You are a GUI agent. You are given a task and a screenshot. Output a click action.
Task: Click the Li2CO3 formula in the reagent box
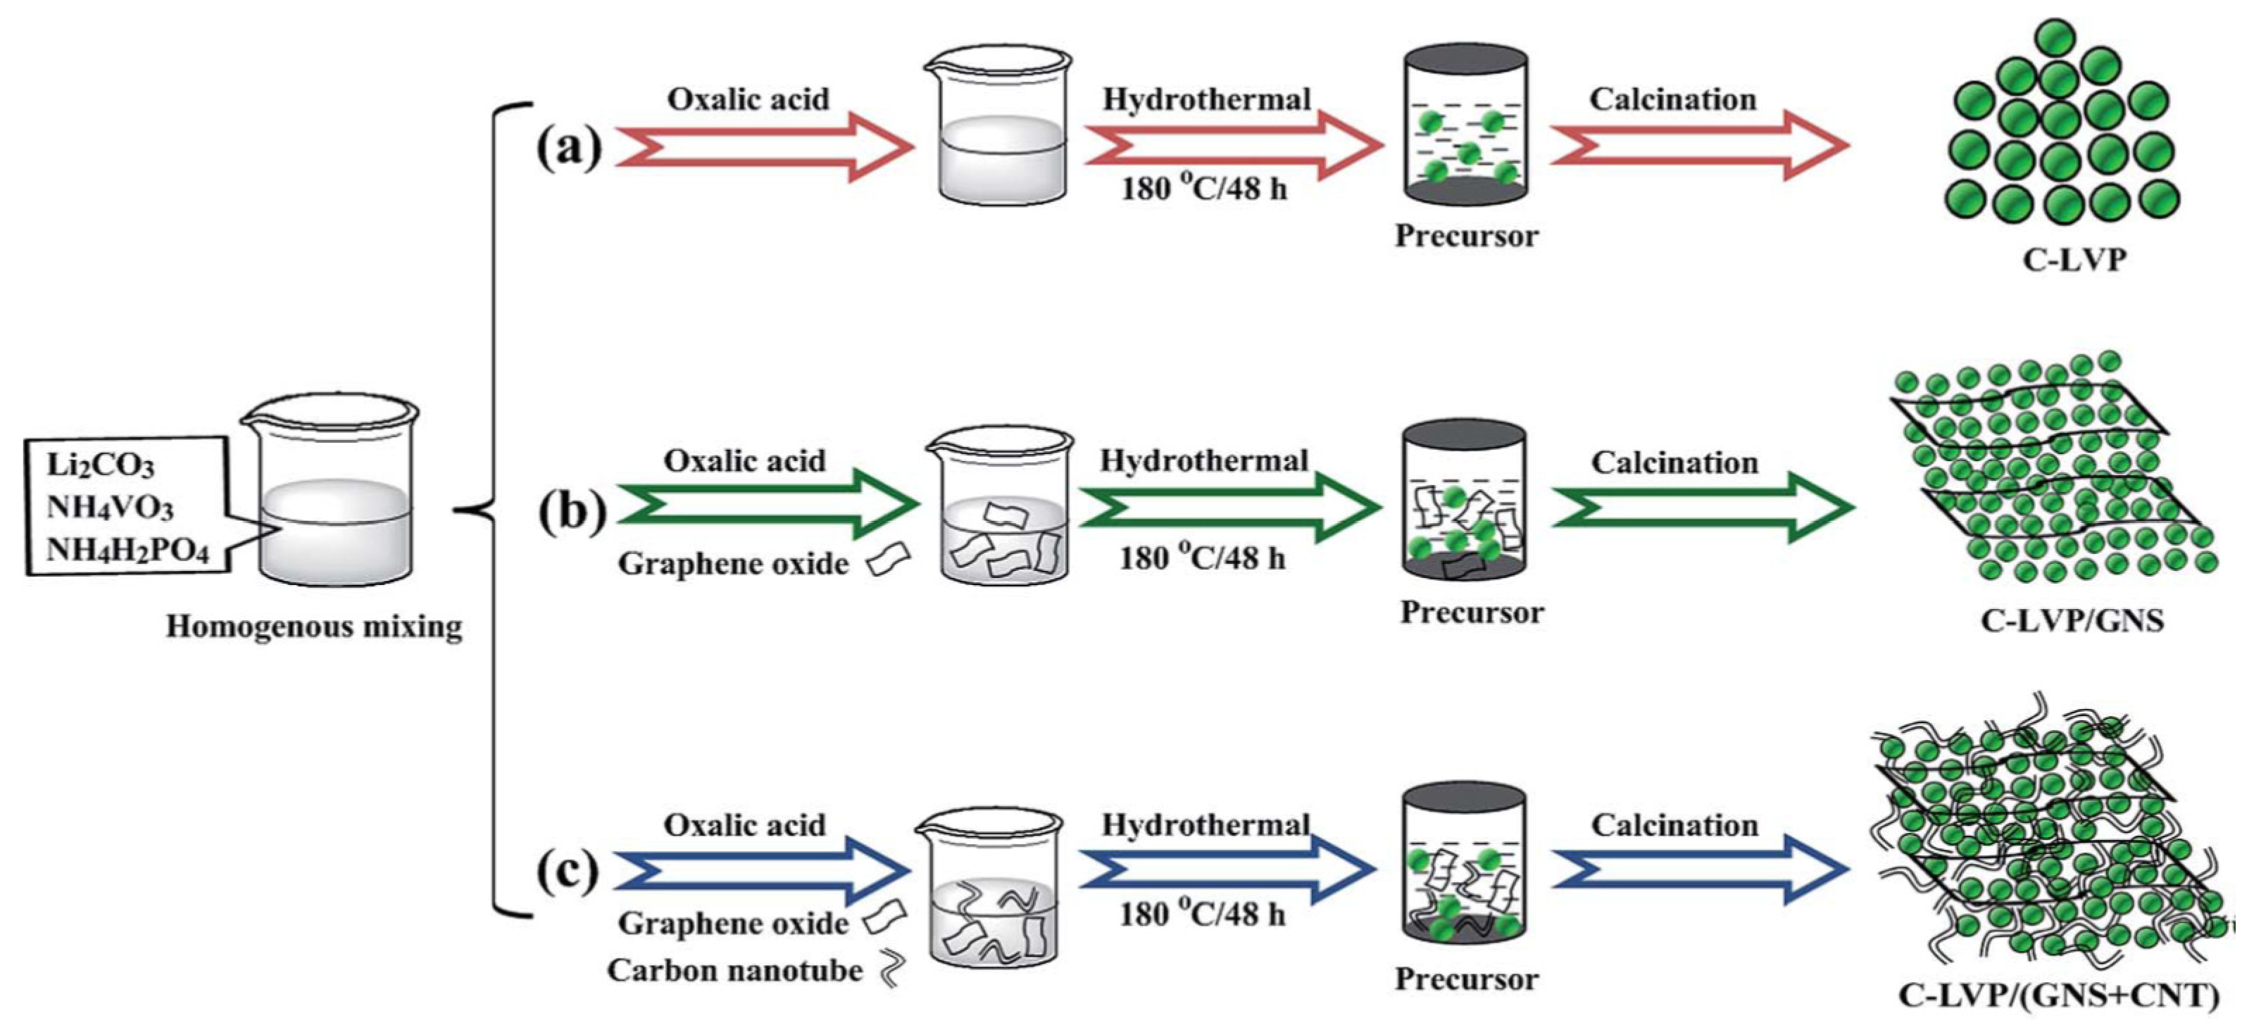(x=100, y=465)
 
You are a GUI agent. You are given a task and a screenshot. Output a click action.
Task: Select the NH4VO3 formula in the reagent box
(x=109, y=508)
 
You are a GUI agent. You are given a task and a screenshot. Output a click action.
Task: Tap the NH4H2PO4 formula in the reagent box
(x=127, y=551)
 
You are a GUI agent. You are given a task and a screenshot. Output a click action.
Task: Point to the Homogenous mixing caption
(x=314, y=627)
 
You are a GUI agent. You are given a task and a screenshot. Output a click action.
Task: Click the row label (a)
(x=569, y=147)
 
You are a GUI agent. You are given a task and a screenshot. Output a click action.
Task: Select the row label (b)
(x=571, y=510)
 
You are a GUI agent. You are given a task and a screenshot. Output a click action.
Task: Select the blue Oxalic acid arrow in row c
(x=761, y=870)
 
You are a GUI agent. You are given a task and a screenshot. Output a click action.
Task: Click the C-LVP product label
(x=2073, y=259)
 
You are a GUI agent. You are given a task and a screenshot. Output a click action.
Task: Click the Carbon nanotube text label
(x=734, y=969)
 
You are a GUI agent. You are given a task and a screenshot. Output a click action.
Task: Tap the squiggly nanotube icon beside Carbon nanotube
(x=891, y=969)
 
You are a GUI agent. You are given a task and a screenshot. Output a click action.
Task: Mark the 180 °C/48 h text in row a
(x=1204, y=188)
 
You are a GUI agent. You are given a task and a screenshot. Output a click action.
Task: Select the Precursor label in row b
(x=1472, y=612)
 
